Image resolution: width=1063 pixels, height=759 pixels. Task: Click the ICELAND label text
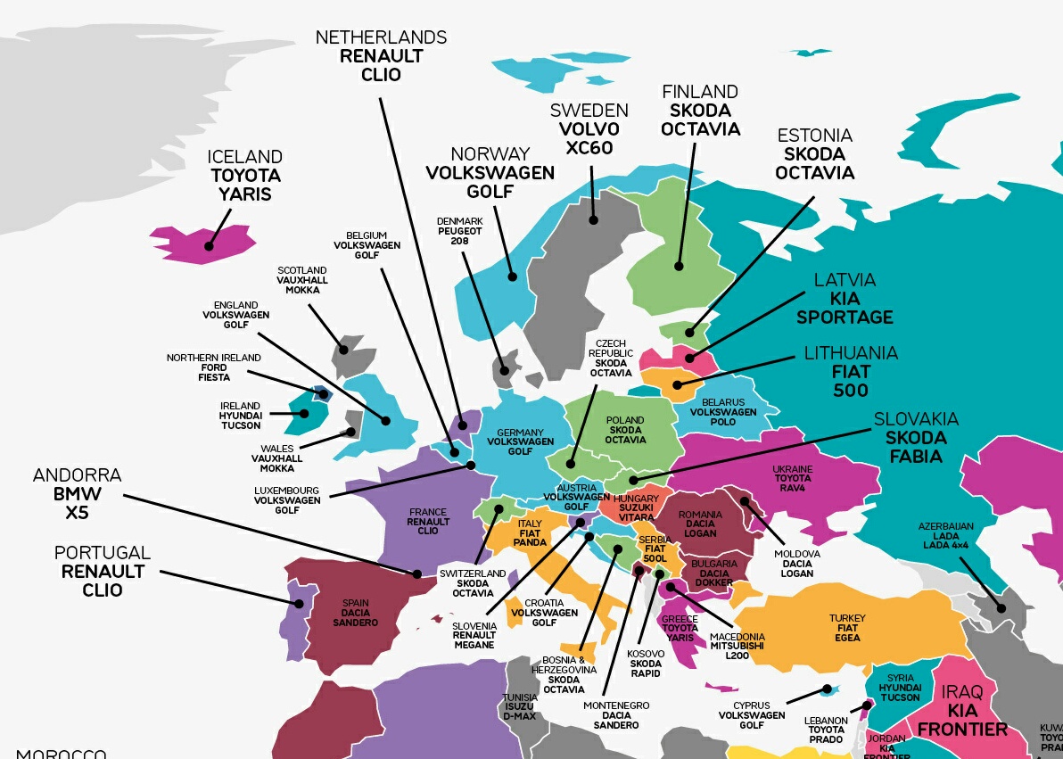pos(245,157)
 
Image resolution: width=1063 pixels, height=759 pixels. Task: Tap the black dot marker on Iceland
pos(209,246)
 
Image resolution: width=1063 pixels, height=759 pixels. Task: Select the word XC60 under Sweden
pos(589,147)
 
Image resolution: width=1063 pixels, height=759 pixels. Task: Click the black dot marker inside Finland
pos(679,266)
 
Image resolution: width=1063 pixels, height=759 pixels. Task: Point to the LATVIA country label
pos(845,280)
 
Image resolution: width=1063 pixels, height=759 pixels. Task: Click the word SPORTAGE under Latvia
pos(845,318)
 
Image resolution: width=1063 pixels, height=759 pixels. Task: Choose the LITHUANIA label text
pos(851,353)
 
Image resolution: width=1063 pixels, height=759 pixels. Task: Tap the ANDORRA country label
pos(77,475)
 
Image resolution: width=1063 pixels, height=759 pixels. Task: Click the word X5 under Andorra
pos(77,513)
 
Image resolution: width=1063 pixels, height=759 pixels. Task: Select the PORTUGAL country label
pos(103,553)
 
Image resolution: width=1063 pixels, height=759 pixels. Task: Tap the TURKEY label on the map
pos(847,618)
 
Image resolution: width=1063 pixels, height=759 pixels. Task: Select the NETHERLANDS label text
pos(381,37)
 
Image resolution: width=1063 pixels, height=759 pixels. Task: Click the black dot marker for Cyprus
pos(827,689)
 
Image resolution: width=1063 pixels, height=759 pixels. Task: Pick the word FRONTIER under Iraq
pos(962,730)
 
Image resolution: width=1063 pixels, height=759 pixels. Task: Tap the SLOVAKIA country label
pos(916,419)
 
